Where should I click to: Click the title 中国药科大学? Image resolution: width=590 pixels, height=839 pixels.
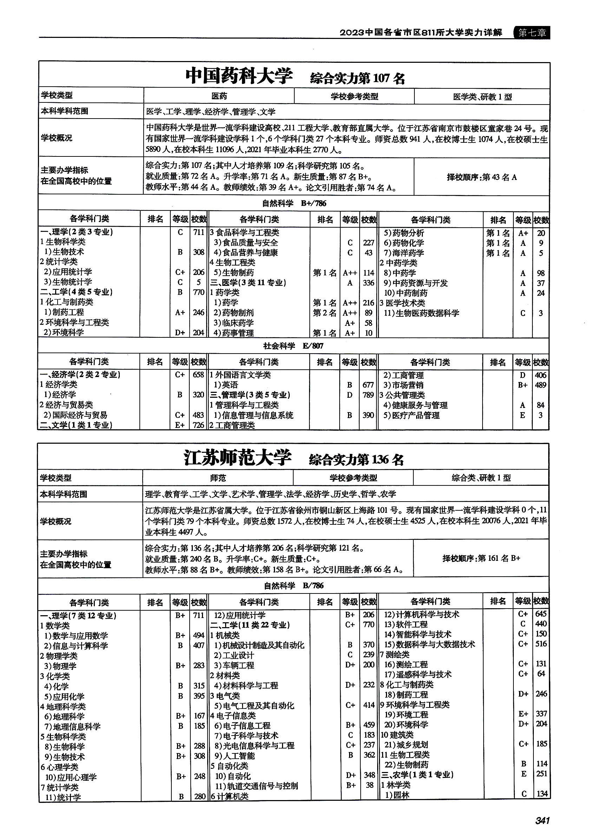coord(239,76)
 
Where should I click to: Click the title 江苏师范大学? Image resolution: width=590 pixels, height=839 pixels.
coord(238,458)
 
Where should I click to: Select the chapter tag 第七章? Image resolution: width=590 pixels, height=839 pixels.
coord(532,33)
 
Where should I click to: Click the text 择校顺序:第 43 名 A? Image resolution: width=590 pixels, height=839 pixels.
coord(482,177)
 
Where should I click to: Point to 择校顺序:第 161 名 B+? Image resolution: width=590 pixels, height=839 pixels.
coord(481,558)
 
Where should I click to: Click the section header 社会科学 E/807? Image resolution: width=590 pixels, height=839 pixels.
coord(293,346)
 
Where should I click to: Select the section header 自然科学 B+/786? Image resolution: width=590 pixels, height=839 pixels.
coord(294,203)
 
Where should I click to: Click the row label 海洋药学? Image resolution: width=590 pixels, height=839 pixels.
coord(408,253)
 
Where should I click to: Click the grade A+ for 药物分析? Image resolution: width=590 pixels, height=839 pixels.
coord(523,233)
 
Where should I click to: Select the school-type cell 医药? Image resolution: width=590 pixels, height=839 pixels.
coord(219,96)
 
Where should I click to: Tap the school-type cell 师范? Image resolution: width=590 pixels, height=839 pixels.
coord(218,478)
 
